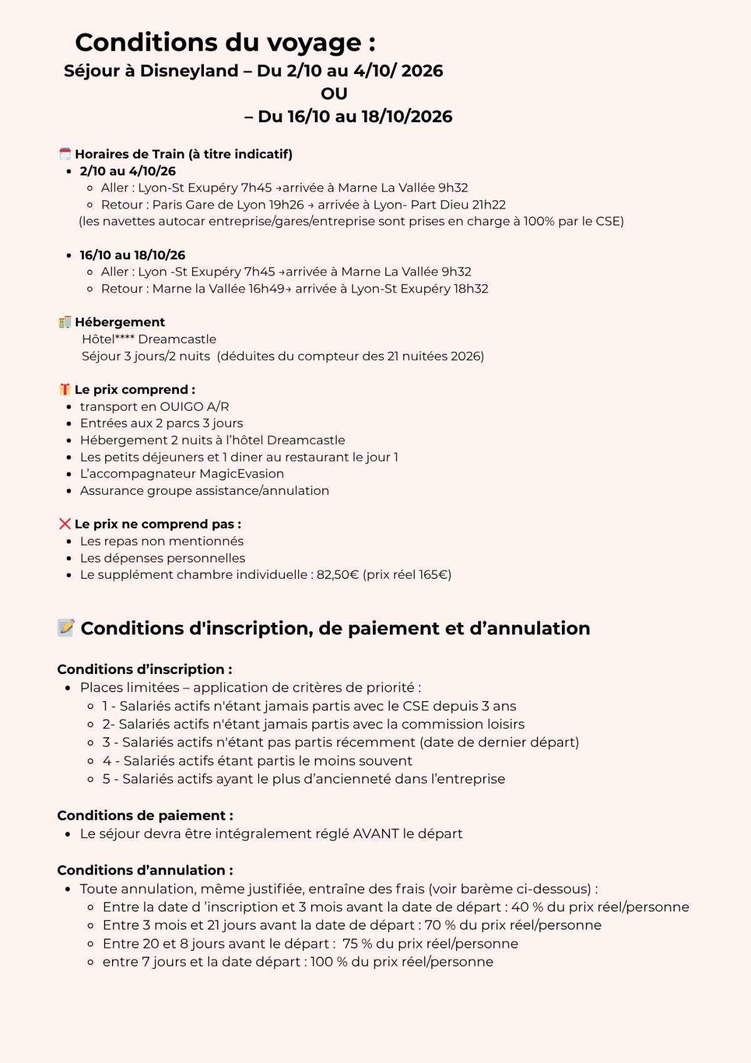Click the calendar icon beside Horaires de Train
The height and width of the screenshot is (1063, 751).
(65, 154)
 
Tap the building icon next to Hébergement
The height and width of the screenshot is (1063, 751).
(64, 322)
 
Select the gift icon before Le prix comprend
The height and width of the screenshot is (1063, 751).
(64, 390)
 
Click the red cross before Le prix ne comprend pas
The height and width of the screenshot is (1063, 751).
(64, 524)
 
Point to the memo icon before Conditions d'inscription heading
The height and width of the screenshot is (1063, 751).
(66, 628)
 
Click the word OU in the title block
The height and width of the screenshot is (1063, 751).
(334, 93)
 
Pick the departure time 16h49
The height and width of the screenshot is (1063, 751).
(266, 289)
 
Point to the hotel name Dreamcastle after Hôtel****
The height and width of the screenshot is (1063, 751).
(177, 340)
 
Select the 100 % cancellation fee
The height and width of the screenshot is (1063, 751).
(329, 962)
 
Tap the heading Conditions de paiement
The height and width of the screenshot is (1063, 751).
(145, 816)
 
